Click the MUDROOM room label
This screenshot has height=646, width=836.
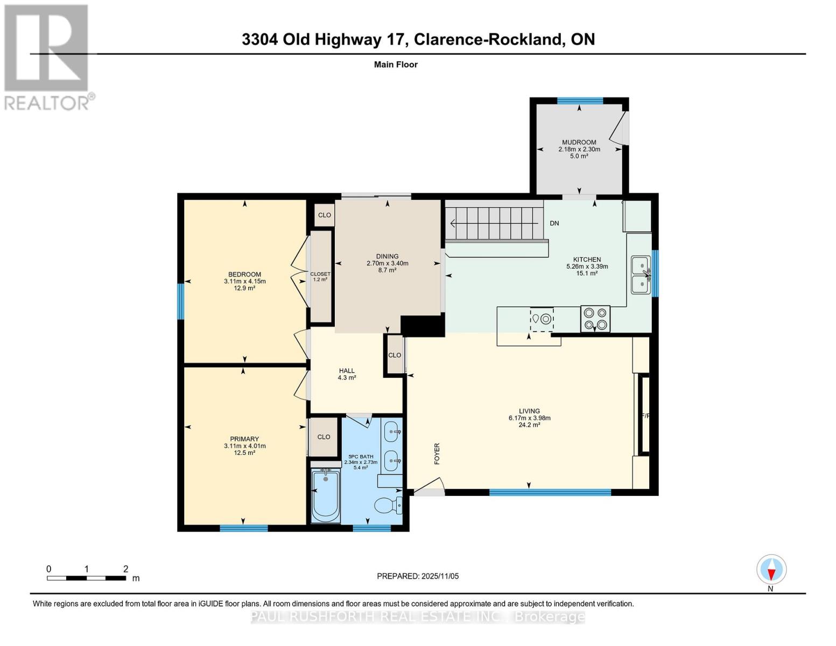pyautogui.click(x=579, y=142)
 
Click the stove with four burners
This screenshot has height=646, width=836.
pyautogui.click(x=595, y=318)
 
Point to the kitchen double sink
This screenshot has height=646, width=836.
pyautogui.click(x=641, y=275)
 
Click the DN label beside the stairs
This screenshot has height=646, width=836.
pyautogui.click(x=554, y=223)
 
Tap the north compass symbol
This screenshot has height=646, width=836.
pyautogui.click(x=771, y=570)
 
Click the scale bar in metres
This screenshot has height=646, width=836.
pyautogui.click(x=86, y=578)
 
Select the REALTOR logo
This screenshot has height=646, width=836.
pyautogui.click(x=47, y=57)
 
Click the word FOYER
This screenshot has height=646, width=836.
pyautogui.click(x=437, y=453)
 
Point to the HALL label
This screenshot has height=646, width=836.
pyautogui.click(x=347, y=370)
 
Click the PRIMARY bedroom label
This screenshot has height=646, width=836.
pyautogui.click(x=244, y=439)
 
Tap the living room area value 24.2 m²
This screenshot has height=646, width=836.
pyautogui.click(x=529, y=425)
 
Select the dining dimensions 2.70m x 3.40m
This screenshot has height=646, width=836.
pyautogui.click(x=387, y=263)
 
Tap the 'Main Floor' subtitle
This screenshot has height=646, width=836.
pyautogui.click(x=396, y=65)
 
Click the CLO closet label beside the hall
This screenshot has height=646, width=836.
pyautogui.click(x=395, y=355)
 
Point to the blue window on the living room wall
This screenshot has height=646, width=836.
pyautogui.click(x=550, y=491)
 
